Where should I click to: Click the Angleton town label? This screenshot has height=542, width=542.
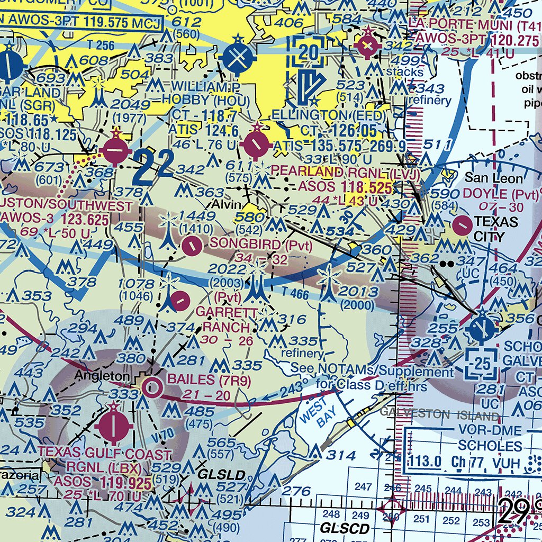(x=102, y=376)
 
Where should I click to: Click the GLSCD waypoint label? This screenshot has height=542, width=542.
(x=345, y=528)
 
